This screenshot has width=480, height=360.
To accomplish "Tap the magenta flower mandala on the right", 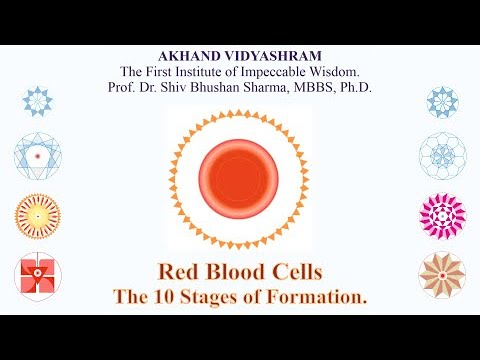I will tap(441, 213).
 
